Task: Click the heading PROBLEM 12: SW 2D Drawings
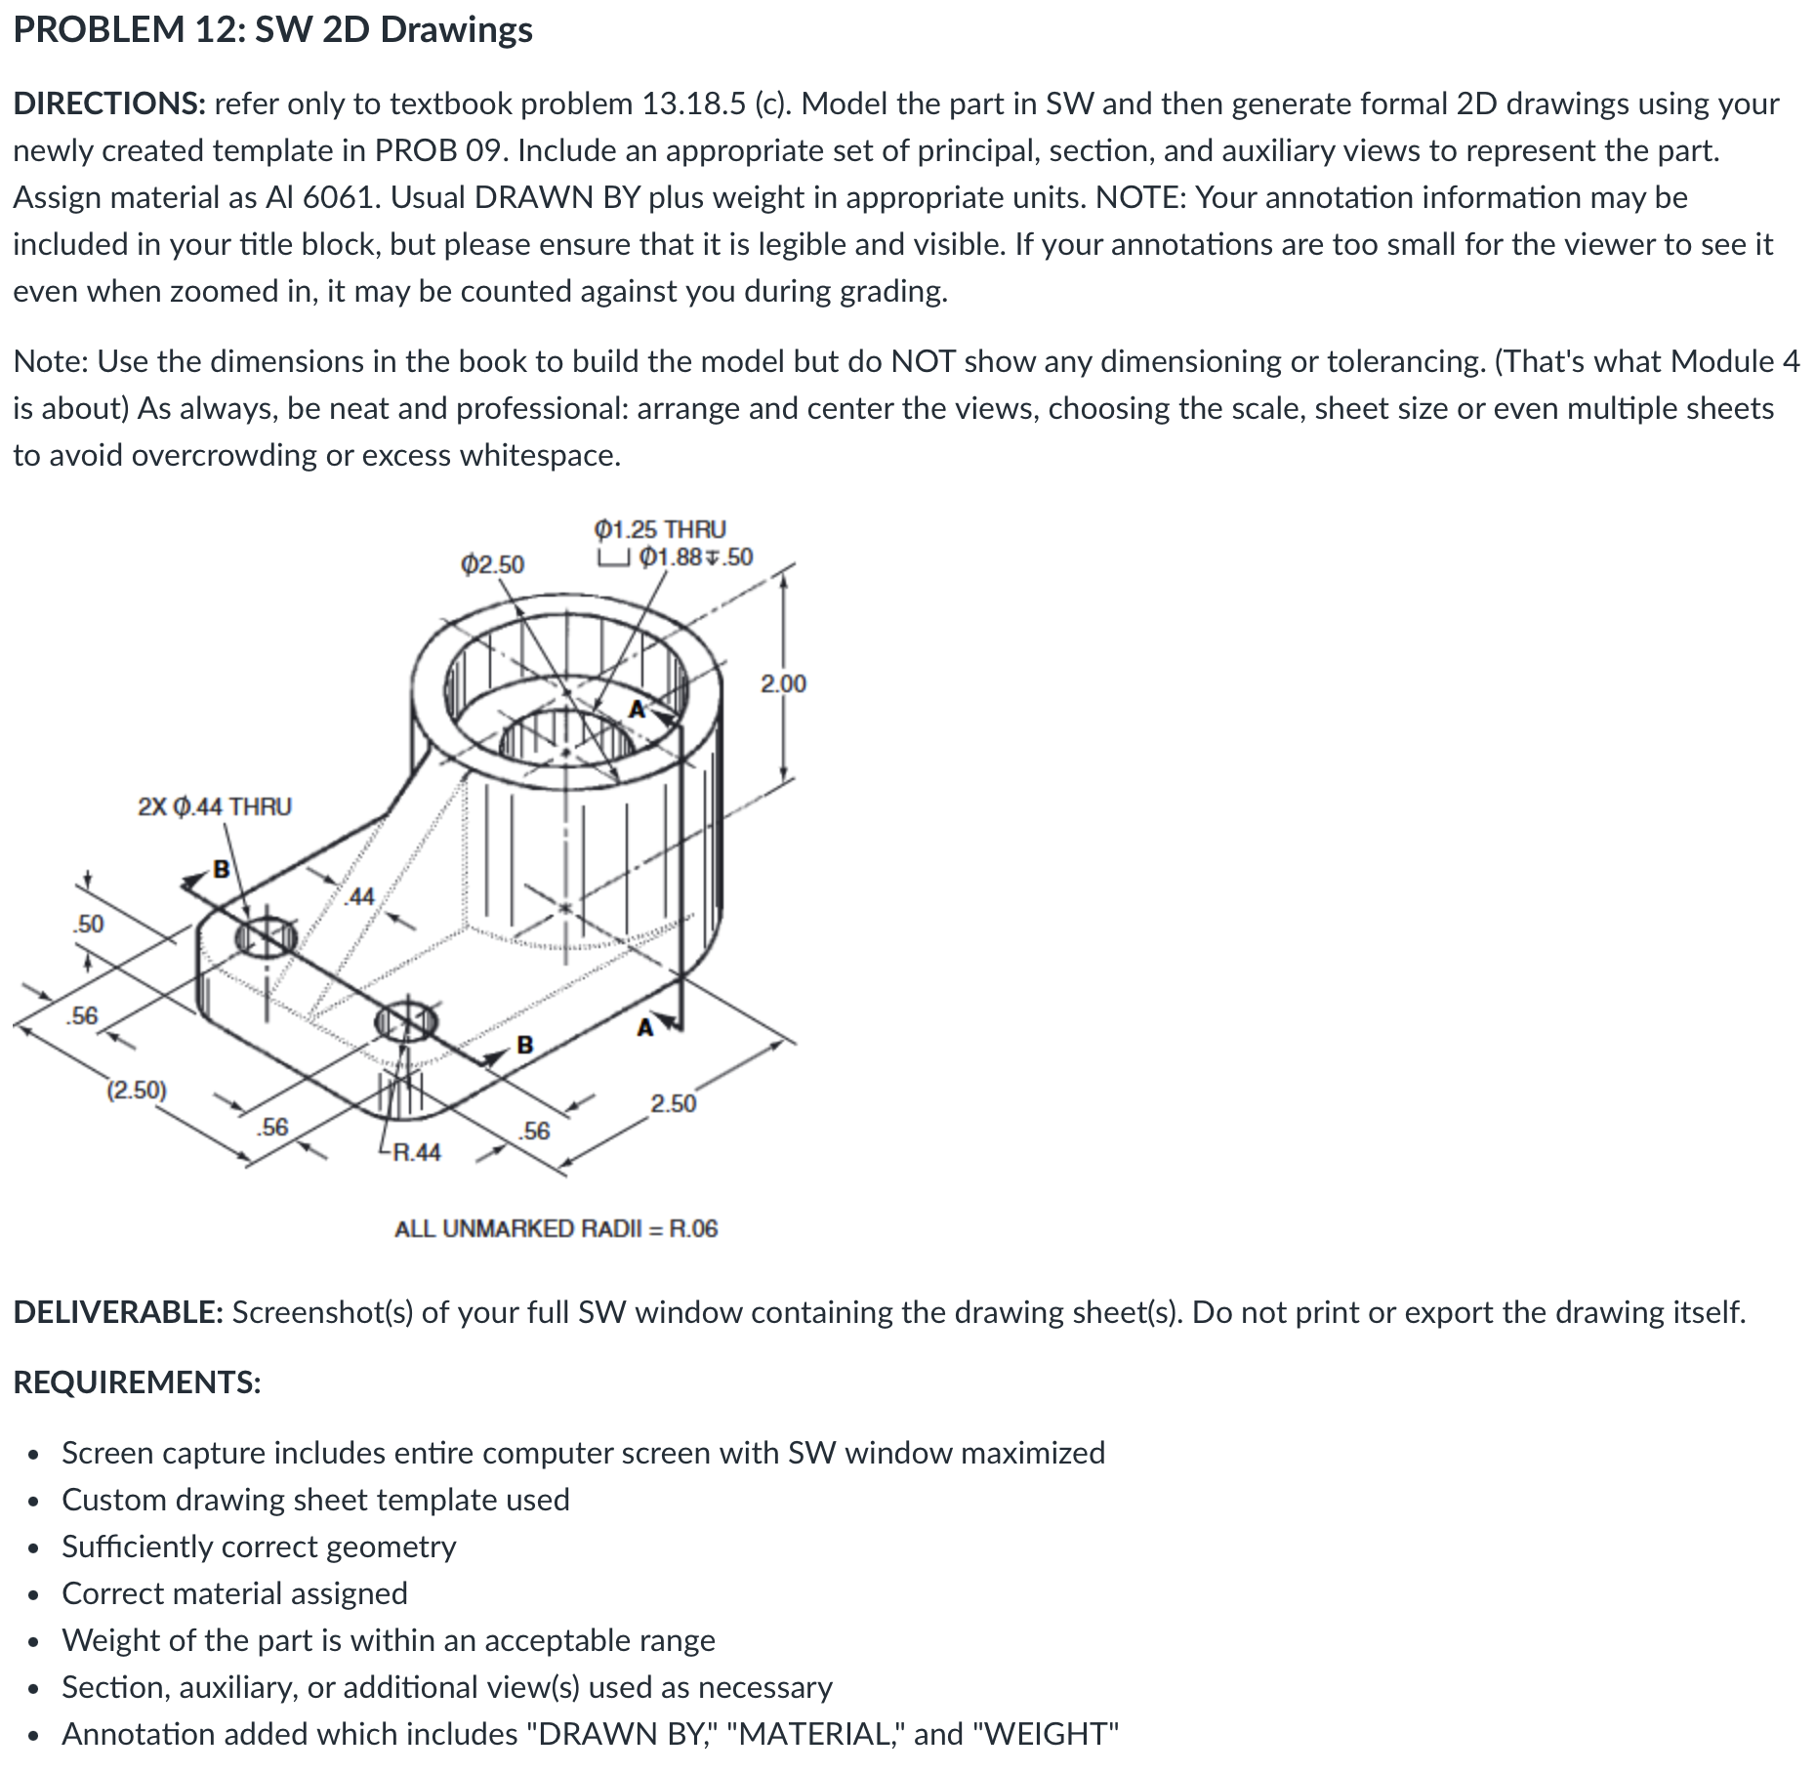point(272,29)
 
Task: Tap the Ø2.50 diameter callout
point(492,564)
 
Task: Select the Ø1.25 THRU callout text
point(660,529)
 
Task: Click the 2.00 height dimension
point(783,683)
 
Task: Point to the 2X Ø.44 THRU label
point(215,806)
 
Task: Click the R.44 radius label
point(417,1153)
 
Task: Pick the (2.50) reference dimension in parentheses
point(137,1090)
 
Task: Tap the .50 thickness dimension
point(89,924)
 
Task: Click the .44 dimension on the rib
point(360,896)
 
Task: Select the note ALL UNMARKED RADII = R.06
point(556,1228)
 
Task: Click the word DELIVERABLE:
point(118,1312)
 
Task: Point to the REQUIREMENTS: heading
point(137,1382)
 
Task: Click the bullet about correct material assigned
point(234,1593)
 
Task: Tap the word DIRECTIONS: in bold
point(108,103)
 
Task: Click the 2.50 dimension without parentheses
point(674,1103)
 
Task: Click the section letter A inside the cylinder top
point(638,710)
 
